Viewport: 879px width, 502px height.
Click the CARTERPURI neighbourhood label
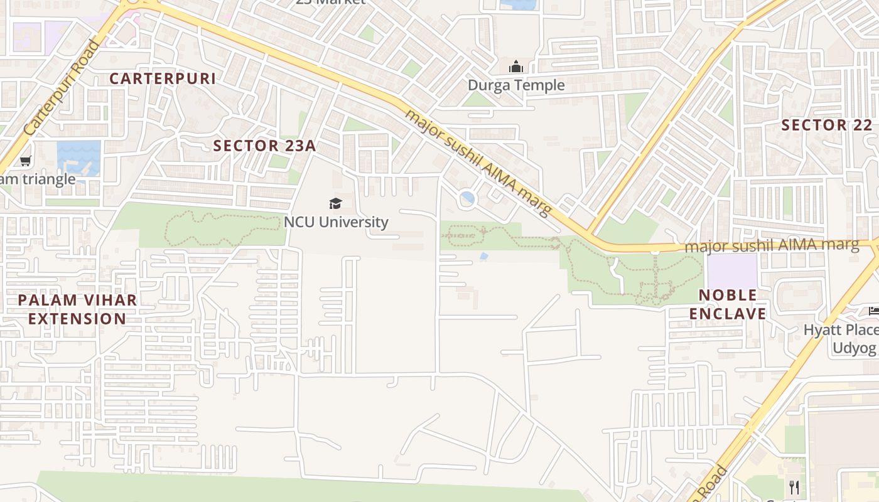pyautogui.click(x=163, y=78)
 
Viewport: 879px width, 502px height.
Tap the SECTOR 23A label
pyautogui.click(x=264, y=146)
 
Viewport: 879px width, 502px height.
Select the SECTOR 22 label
pyautogui.click(x=827, y=125)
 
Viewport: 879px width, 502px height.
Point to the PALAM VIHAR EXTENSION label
pyautogui.click(x=77, y=309)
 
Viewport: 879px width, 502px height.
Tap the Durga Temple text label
pyautogui.click(x=516, y=85)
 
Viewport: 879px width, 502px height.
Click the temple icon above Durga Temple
pyautogui.click(x=515, y=67)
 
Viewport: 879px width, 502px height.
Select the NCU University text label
pyautogui.click(x=336, y=222)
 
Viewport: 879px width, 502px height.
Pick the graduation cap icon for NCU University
pyautogui.click(x=336, y=203)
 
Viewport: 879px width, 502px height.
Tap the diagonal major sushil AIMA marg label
pyautogui.click(x=478, y=162)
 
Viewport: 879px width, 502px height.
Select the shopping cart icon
pyautogui.click(x=25, y=161)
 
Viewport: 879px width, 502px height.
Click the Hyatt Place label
pyautogui.click(x=841, y=329)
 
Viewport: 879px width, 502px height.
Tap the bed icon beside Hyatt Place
pyautogui.click(x=873, y=311)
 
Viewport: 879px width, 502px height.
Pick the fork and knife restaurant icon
pyautogui.click(x=794, y=487)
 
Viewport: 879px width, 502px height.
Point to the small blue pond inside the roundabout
pyautogui.click(x=467, y=199)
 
